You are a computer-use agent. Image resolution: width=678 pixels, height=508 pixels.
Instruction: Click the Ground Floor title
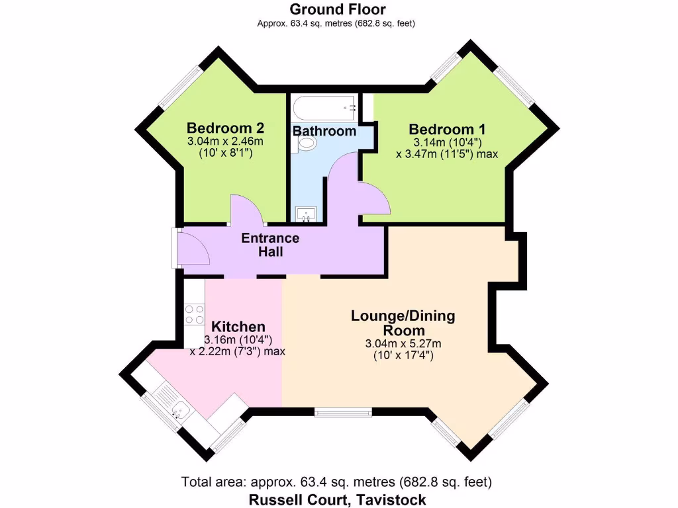pos(338,9)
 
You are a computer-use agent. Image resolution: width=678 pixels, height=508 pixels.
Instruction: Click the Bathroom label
pos(324,131)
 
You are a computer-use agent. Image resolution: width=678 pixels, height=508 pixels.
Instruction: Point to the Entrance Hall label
pos(270,245)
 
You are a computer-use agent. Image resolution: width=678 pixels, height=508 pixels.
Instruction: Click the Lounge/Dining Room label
pos(403,323)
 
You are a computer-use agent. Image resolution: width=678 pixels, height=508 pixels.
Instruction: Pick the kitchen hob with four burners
pos(194,314)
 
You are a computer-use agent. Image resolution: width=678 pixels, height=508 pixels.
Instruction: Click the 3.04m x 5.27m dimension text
pos(403,344)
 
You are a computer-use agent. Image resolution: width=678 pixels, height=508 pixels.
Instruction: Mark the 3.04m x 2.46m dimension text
pos(225,141)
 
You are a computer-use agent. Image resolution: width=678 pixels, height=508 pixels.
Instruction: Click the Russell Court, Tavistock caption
pos(337,499)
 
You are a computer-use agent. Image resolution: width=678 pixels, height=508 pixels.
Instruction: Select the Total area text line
pos(337,482)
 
